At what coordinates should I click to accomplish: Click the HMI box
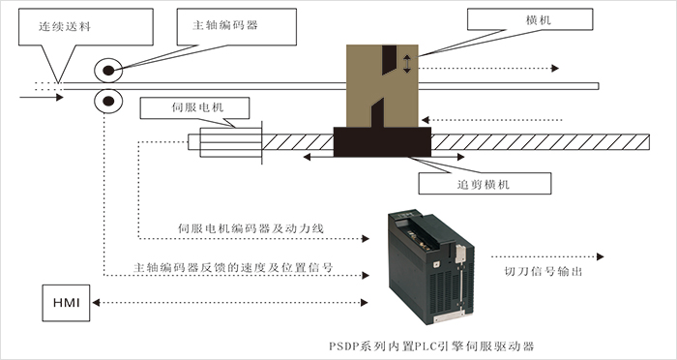[x=66, y=303]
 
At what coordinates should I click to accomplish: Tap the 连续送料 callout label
[x=65, y=26]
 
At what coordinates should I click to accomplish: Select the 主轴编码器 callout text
[x=225, y=25]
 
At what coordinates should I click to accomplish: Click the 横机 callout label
[x=539, y=20]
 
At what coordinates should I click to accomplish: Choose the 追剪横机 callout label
[x=484, y=185]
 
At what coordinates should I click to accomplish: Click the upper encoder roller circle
[x=108, y=70]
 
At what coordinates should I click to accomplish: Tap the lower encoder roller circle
[x=108, y=101]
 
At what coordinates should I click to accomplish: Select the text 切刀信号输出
[x=544, y=271]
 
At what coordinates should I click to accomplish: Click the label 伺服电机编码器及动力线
[x=250, y=228]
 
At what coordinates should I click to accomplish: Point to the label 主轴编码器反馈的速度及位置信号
[x=233, y=267]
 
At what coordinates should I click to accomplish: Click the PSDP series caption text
[x=431, y=346]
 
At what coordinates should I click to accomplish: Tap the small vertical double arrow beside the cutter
[x=407, y=64]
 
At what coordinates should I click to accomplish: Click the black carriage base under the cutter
[x=382, y=141]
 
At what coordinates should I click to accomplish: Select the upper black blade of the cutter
[x=389, y=60]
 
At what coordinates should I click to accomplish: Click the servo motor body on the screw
[x=230, y=141]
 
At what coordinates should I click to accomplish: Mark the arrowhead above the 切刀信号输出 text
[x=601, y=256]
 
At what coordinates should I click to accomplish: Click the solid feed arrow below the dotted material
[x=42, y=97]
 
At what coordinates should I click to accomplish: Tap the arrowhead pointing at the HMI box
[x=96, y=303]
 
